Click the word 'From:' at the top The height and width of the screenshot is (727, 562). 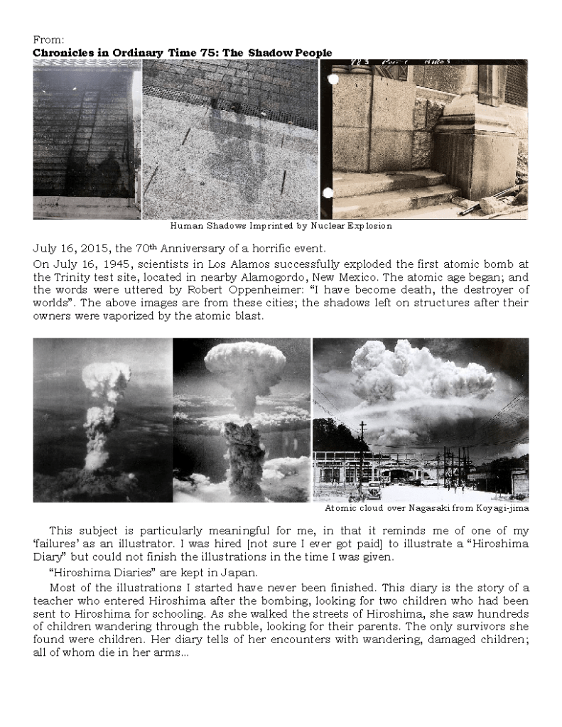(x=46, y=41)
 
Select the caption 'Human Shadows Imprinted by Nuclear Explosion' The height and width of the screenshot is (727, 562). (x=281, y=226)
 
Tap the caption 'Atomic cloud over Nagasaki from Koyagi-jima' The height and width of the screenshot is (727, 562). (x=426, y=509)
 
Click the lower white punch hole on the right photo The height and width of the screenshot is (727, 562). (x=328, y=193)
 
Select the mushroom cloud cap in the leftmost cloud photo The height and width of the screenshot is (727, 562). (x=106, y=376)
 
